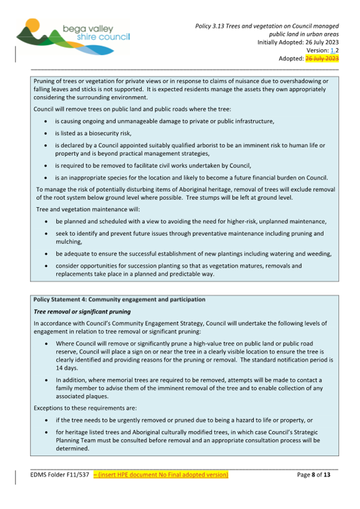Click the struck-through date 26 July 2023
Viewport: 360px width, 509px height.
[x=322, y=58]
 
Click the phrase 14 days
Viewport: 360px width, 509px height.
[x=67, y=368]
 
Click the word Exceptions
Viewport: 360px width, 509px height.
[x=50, y=409]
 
